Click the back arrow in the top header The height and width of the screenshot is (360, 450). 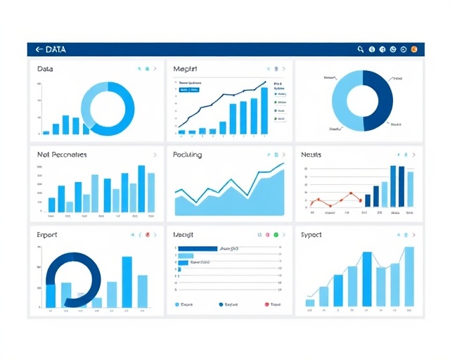[x=38, y=49]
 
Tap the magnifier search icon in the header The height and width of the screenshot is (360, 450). [x=361, y=49]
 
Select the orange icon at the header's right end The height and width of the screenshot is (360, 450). [x=414, y=49]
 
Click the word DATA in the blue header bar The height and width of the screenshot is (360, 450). [x=56, y=49]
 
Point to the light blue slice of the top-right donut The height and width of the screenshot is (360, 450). [x=345, y=102]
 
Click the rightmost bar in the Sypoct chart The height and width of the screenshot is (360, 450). [x=409, y=277]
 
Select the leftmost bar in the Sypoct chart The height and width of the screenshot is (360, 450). [x=309, y=302]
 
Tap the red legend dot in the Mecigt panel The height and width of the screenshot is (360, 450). [x=266, y=304]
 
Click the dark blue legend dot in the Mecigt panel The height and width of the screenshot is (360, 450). [x=221, y=304]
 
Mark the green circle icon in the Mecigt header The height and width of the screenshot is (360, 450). [x=276, y=235]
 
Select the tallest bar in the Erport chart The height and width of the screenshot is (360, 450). [x=127, y=282]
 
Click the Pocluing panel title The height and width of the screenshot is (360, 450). [x=187, y=155]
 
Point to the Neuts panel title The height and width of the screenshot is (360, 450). [x=311, y=155]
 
